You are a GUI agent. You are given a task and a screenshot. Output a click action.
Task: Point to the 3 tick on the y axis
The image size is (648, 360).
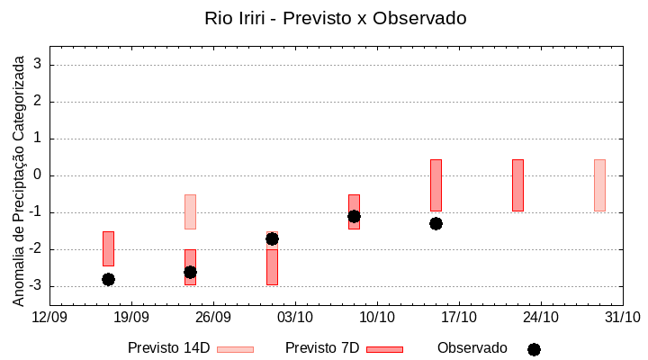pyautogui.click(x=39, y=65)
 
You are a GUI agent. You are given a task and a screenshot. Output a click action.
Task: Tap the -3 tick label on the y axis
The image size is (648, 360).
pyautogui.click(x=36, y=286)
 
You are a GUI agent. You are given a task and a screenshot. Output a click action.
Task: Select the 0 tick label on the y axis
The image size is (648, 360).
pyautogui.click(x=39, y=175)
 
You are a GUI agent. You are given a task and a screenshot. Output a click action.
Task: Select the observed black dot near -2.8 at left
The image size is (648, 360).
pyautogui.click(x=108, y=279)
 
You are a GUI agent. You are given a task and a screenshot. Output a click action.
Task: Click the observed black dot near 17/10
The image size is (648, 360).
pyautogui.click(x=436, y=223)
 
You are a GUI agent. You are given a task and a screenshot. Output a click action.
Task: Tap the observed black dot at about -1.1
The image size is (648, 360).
pyautogui.click(x=354, y=216)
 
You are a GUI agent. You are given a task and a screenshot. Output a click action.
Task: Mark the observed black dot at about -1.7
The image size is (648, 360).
pyautogui.click(x=272, y=238)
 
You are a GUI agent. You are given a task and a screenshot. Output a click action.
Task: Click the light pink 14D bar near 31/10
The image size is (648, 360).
pyautogui.click(x=599, y=184)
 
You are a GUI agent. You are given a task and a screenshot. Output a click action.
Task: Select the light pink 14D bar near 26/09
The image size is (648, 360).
pyautogui.click(x=190, y=211)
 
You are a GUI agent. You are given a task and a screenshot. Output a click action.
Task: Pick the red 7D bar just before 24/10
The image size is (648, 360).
pyautogui.click(x=517, y=184)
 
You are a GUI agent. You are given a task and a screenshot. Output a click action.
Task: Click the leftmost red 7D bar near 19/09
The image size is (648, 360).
pyautogui.click(x=108, y=248)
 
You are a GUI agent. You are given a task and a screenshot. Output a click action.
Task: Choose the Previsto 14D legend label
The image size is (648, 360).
pyautogui.click(x=168, y=347)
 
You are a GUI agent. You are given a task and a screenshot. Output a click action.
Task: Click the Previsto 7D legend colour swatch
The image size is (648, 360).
pyautogui.click(x=384, y=348)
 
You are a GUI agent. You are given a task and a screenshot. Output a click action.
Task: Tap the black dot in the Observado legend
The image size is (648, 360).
pyautogui.click(x=534, y=349)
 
